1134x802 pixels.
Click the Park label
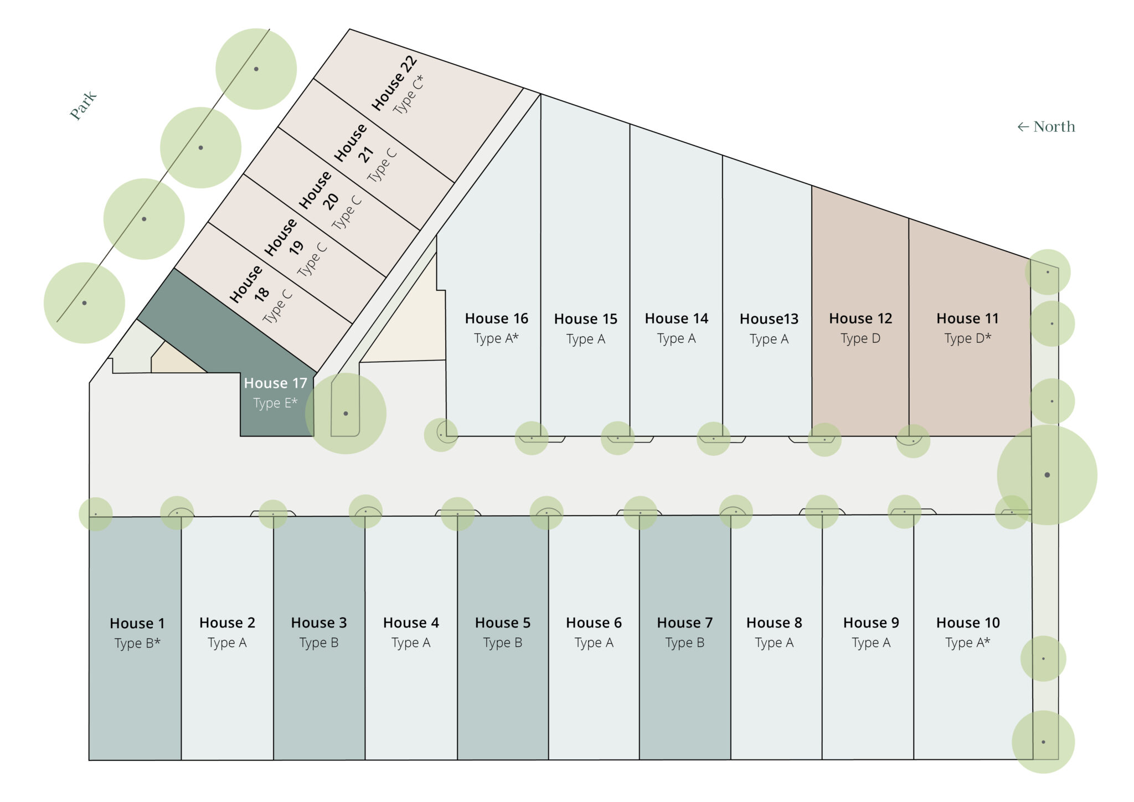tap(83, 105)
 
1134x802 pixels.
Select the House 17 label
tap(275, 383)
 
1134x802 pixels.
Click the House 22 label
tap(394, 83)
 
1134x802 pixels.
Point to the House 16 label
tap(496, 318)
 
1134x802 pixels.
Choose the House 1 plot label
tap(137, 624)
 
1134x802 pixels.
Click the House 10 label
tap(968, 623)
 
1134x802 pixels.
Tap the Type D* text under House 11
tap(967, 338)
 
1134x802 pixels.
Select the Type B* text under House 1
tap(137, 643)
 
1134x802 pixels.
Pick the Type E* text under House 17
tap(275, 403)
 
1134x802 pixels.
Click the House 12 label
tap(860, 318)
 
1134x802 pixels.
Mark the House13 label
tap(769, 319)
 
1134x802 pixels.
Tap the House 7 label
tap(684, 623)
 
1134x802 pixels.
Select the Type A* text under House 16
tap(496, 338)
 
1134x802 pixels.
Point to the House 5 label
tap(502, 623)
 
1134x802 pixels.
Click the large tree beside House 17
tap(346, 413)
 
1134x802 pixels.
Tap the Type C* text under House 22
tap(408, 95)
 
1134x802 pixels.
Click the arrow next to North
tap(1023, 127)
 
